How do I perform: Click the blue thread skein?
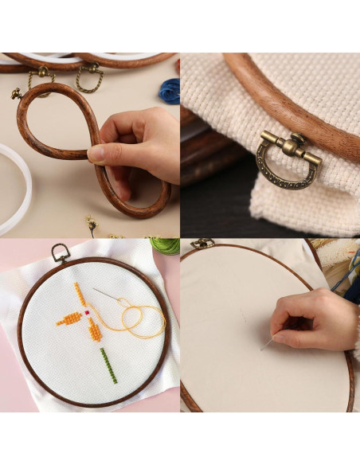tap(169, 91)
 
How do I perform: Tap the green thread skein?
tap(166, 244)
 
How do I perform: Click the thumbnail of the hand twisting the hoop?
tap(90, 144)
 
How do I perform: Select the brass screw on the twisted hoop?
tap(17, 93)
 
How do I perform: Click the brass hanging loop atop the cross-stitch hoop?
tap(61, 253)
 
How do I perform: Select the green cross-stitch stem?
tap(108, 365)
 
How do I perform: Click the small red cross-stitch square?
tap(87, 313)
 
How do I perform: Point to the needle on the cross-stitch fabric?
tap(106, 295)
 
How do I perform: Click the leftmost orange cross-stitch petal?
tap(69, 319)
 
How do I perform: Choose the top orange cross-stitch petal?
tap(80, 293)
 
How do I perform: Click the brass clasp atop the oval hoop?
tap(202, 243)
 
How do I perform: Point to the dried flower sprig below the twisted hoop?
tap(92, 226)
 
